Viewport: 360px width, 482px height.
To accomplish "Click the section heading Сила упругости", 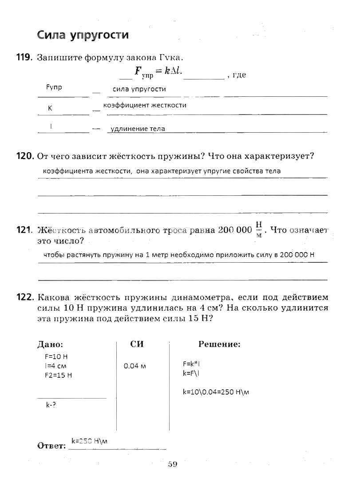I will click(x=83, y=35).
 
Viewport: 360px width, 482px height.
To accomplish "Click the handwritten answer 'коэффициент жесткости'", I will click(x=145, y=106).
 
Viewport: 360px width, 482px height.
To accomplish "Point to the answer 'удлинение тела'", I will click(x=138, y=129).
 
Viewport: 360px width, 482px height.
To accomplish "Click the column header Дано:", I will click(x=51, y=344).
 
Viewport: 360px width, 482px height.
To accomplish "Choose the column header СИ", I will click(x=137, y=344).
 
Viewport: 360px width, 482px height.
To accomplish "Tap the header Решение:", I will click(x=219, y=344).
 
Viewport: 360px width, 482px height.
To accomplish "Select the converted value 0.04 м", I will click(x=135, y=366).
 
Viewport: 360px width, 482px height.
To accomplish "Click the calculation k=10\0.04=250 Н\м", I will click(x=216, y=392).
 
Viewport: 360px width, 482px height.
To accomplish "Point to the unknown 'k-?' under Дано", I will click(x=51, y=405).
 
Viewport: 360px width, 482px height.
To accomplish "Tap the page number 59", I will click(x=173, y=464).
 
